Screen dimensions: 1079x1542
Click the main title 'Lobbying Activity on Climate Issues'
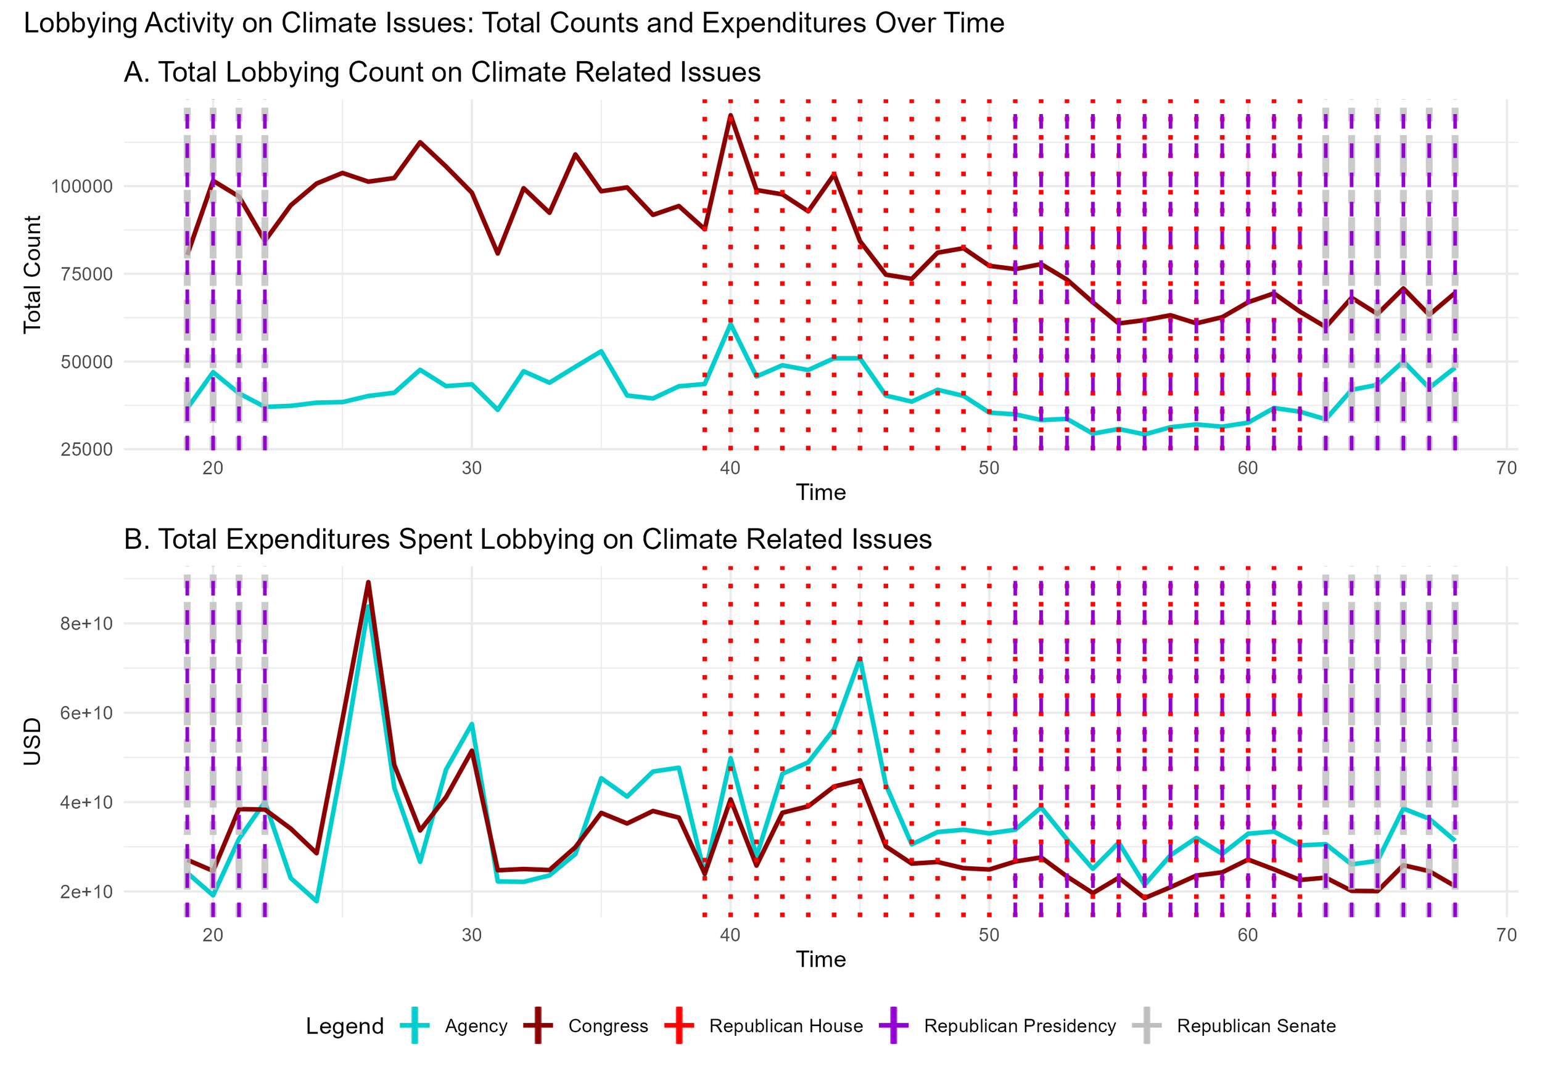click(x=513, y=23)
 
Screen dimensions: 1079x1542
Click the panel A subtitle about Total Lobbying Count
click(x=442, y=73)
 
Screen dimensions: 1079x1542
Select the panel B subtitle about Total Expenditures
click(x=527, y=539)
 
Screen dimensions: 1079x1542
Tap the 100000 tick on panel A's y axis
click(x=82, y=187)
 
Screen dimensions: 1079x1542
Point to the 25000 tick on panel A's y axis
click(x=86, y=450)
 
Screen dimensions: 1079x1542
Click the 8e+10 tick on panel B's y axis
click(x=86, y=624)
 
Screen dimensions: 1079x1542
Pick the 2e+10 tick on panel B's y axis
click(x=86, y=892)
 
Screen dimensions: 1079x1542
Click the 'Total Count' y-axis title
click(x=32, y=274)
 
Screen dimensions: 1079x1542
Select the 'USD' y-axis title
click(x=32, y=741)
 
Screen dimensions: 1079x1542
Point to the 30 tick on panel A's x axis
click(x=471, y=468)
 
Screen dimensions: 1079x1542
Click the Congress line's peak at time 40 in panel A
click(x=730, y=116)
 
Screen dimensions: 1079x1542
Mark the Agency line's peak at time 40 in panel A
click(x=730, y=324)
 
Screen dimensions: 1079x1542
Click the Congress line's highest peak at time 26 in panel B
click(x=368, y=582)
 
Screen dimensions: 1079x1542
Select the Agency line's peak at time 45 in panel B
click(x=859, y=660)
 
